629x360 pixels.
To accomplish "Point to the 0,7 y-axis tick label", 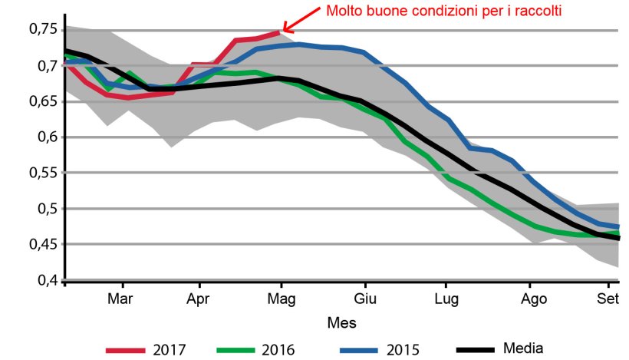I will tap(45, 66).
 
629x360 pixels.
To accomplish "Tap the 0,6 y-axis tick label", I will tap(45, 137).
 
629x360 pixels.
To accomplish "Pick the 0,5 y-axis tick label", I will tap(45, 209).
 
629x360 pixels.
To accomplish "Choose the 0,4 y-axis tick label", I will tap(45, 280).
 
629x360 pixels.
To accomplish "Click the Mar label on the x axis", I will tap(119, 299).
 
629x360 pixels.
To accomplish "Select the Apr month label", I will tap(199, 299).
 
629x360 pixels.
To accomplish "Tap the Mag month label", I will tap(282, 299).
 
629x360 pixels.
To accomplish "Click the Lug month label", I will tap(446, 299).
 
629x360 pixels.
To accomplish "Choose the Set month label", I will tap(608, 299).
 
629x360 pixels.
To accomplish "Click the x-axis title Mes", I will tap(341, 322).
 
